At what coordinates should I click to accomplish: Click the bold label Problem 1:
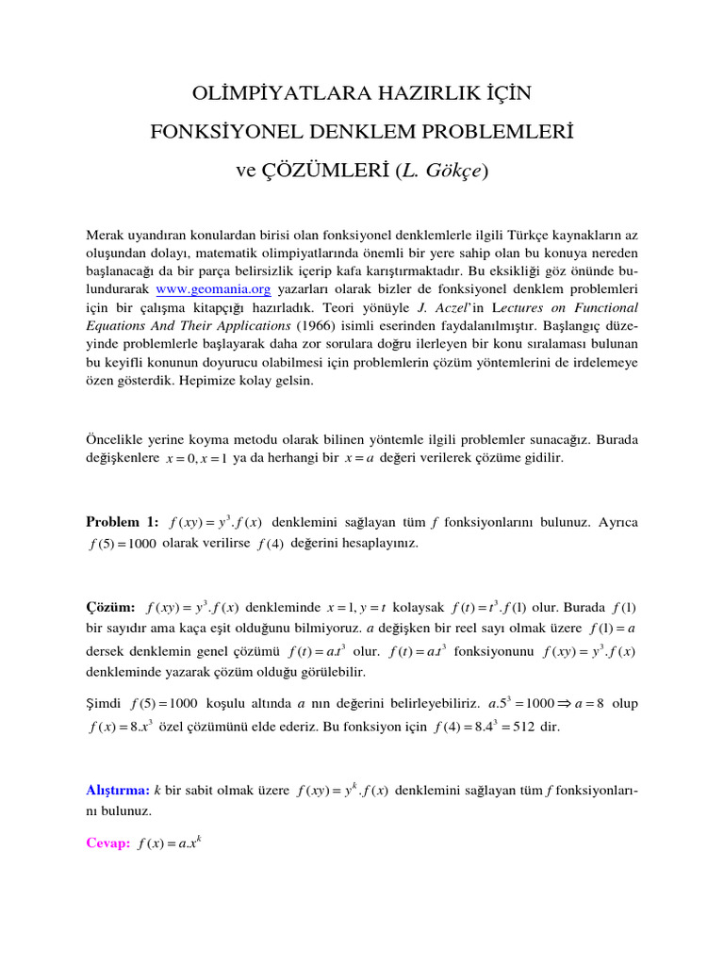point(123,522)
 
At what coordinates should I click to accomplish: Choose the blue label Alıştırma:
point(118,789)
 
